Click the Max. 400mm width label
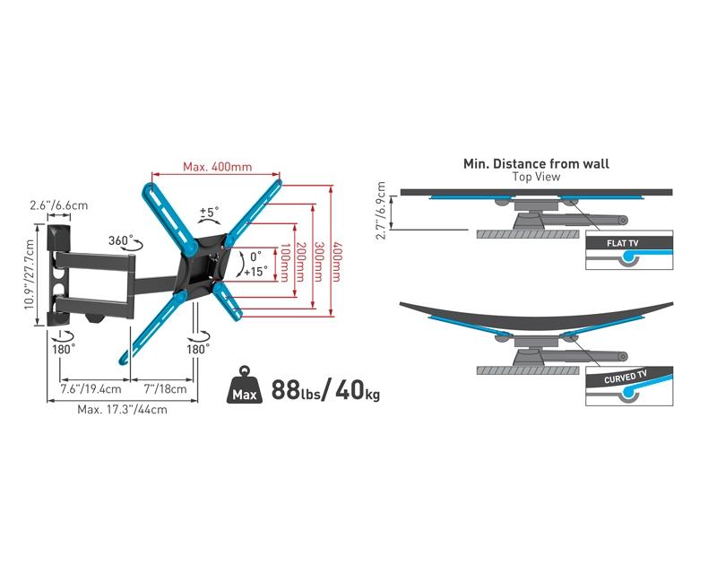pyautogui.click(x=217, y=167)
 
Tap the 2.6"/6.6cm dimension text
pyautogui.click(x=58, y=205)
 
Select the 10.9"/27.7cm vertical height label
pyautogui.click(x=30, y=274)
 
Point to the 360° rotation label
pyautogui.click(x=120, y=240)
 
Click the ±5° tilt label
pyautogui.click(x=209, y=212)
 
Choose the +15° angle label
pyautogui.click(x=255, y=272)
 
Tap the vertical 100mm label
pyautogui.click(x=285, y=263)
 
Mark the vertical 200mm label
pyautogui.click(x=300, y=262)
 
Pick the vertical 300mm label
pyautogui.click(x=318, y=262)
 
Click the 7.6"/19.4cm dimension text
pyautogui.click(x=91, y=389)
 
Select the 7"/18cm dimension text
pyautogui.click(x=165, y=389)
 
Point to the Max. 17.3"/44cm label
pyautogui.click(x=122, y=409)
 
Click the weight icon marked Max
pyautogui.click(x=245, y=385)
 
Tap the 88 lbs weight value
pyautogui.click(x=296, y=390)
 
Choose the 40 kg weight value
pyautogui.click(x=358, y=390)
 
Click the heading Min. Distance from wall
pyautogui.click(x=536, y=164)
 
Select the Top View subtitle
pyautogui.click(x=536, y=177)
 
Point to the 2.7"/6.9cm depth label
pyautogui.click(x=381, y=210)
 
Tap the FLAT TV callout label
pyautogui.click(x=622, y=243)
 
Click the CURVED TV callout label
pyautogui.click(x=625, y=378)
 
